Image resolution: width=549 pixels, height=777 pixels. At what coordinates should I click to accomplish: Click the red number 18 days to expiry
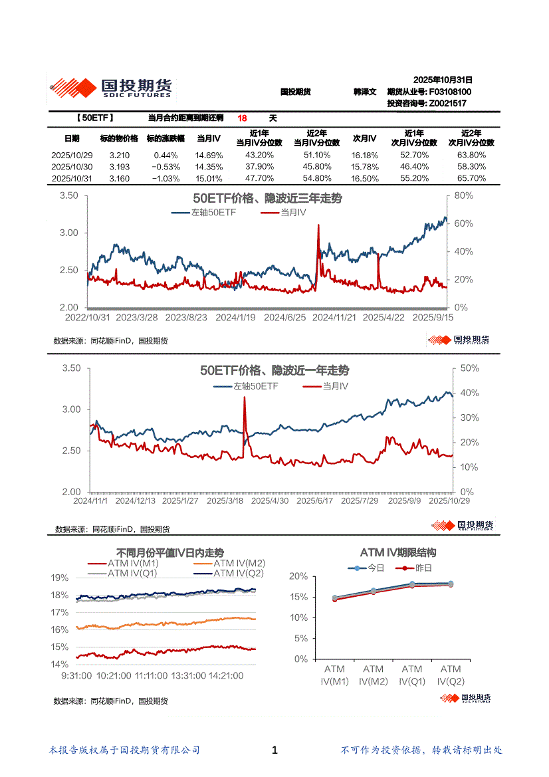242,118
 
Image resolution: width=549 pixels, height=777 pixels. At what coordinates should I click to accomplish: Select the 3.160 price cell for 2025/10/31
119,179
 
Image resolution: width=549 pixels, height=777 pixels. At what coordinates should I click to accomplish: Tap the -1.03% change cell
163,179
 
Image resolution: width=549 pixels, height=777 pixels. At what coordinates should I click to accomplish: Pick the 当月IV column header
209,138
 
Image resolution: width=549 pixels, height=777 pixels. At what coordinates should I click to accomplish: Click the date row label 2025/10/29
72,155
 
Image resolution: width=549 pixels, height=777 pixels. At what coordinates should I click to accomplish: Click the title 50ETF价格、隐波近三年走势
267,199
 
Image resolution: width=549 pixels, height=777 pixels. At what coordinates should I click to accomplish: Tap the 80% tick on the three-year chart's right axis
464,196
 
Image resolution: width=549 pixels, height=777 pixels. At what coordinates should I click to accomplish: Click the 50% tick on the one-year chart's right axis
470,368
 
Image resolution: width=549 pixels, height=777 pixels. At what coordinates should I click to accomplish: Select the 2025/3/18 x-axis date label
226,501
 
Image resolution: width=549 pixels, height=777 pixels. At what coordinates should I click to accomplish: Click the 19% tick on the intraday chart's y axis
60,578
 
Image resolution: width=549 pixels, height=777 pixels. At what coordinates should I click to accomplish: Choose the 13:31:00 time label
188,675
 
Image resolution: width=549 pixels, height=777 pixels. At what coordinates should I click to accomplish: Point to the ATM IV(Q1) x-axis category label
412,675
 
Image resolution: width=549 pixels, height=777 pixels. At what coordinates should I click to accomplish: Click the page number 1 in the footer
274,750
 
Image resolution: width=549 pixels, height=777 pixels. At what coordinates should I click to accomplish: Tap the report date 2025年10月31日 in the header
442,79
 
